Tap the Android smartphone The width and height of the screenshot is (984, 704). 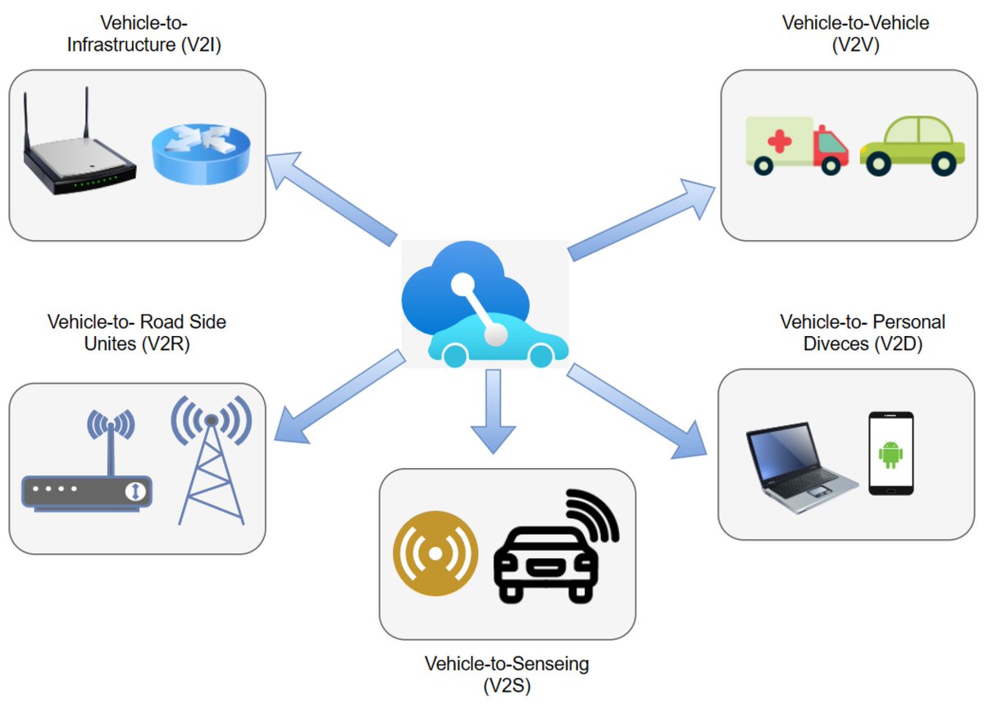point(891,453)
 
